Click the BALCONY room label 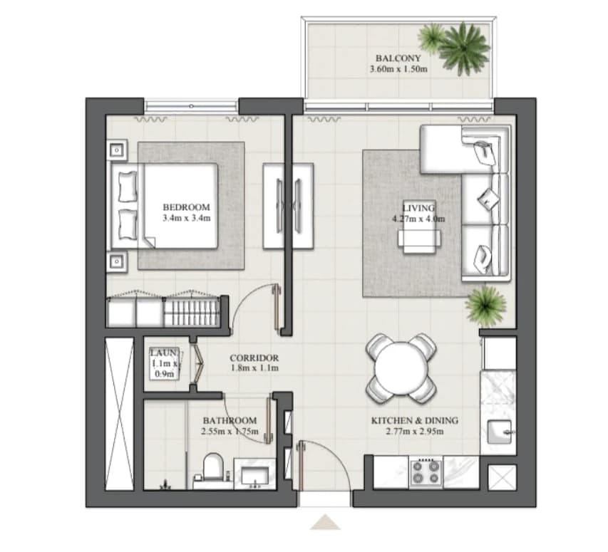point(398,58)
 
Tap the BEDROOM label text point(187,207)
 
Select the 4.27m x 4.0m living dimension point(418,219)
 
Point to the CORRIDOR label point(254,358)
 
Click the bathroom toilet point(213,467)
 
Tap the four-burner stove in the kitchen point(426,472)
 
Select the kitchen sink point(500,432)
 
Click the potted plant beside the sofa point(485,306)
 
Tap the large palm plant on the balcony point(463,48)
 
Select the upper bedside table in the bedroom point(117,150)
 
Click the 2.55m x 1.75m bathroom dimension point(230,431)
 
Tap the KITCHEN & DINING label point(415,420)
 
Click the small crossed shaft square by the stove point(502,478)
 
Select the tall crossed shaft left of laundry point(120,414)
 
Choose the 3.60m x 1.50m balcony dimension point(398,69)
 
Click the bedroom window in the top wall point(191,105)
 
